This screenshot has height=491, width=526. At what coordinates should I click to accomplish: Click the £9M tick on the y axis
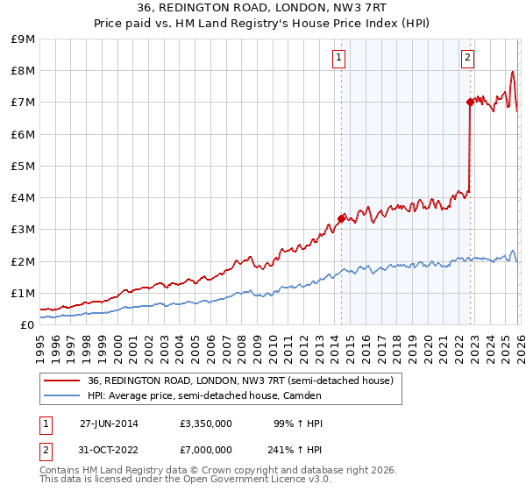click(x=24, y=39)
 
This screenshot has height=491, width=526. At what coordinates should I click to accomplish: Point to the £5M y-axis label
click(x=24, y=166)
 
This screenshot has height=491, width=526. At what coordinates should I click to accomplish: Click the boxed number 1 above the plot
click(x=338, y=59)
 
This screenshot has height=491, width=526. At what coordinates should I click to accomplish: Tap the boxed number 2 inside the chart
click(x=467, y=59)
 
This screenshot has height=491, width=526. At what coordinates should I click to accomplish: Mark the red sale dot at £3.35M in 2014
click(x=341, y=218)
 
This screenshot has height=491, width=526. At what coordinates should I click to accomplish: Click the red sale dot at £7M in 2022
click(x=470, y=103)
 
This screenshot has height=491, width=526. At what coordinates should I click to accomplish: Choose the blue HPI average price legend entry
click(x=204, y=395)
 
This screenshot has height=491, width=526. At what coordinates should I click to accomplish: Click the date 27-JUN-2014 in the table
click(x=109, y=423)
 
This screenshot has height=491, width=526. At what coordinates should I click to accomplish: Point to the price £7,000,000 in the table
click(x=205, y=450)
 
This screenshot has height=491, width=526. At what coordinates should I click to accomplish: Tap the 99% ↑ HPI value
click(x=298, y=423)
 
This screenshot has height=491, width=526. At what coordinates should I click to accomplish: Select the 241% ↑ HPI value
click(x=295, y=450)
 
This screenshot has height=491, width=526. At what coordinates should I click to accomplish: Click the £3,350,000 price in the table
click(x=205, y=423)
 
